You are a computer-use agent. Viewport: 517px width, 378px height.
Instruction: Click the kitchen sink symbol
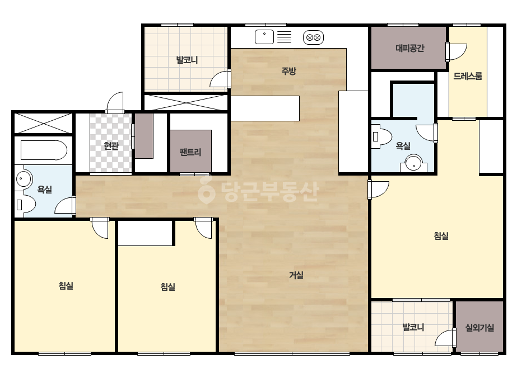coord(264,37)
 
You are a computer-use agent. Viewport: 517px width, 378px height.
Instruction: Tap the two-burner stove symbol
coord(313,37)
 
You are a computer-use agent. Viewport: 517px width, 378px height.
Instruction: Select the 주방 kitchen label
coord(288,71)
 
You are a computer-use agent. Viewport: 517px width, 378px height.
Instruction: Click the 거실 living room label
coord(296,275)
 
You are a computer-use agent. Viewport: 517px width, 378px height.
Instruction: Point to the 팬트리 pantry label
coord(190,152)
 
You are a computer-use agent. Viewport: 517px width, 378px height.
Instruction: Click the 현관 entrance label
coord(111,145)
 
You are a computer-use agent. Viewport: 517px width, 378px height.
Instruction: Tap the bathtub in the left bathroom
coord(44,150)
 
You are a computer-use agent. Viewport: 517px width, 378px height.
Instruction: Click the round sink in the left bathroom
coord(24,179)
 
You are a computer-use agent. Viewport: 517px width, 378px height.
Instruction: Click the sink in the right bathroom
coord(413,163)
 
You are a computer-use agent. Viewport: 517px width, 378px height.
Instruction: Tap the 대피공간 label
coord(410,49)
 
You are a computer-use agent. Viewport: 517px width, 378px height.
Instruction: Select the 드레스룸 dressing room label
coord(468,76)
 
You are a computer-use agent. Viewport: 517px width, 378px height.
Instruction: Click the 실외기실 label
coord(479,327)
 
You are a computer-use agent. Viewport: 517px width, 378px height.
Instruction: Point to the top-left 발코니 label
coord(187,60)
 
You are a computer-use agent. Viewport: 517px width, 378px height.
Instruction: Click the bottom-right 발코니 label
coord(413,327)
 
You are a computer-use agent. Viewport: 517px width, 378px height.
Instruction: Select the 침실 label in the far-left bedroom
coord(66,286)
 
